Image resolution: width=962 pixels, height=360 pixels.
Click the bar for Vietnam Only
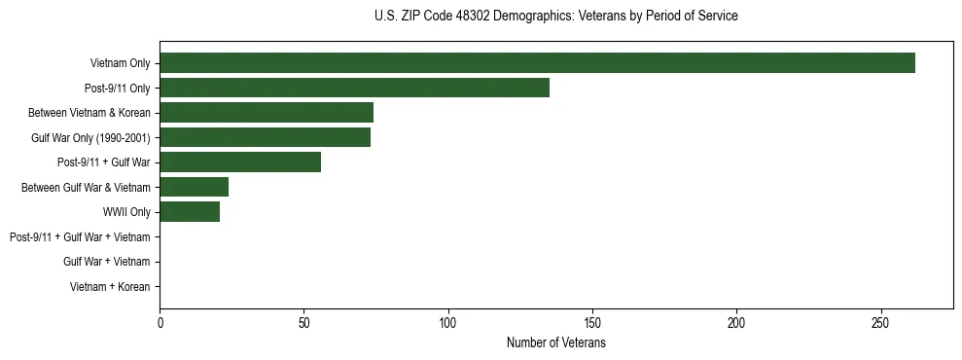pyautogui.click(x=537, y=63)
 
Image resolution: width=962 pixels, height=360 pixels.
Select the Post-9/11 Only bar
pyautogui.click(x=354, y=88)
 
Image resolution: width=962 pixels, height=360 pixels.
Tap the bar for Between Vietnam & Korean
pyautogui.click(x=267, y=113)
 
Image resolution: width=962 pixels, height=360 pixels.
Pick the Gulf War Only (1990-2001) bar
pyautogui.click(x=265, y=137)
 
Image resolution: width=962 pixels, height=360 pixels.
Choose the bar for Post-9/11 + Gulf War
pyautogui.click(x=240, y=162)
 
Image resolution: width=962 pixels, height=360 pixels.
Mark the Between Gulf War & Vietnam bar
pyautogui.click(x=194, y=187)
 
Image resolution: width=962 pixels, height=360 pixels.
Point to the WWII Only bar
pyautogui.click(x=190, y=212)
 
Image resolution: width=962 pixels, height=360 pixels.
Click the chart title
pyautogui.click(x=555, y=17)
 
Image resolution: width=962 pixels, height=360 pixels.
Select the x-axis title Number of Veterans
pyautogui.click(x=555, y=343)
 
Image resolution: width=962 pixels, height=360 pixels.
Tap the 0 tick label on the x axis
pyautogui.click(x=160, y=322)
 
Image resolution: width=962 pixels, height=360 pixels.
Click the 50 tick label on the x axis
pyautogui.click(x=303, y=322)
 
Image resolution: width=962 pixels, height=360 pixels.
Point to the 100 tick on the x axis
pyautogui.click(x=448, y=322)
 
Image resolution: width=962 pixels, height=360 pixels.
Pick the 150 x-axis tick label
pyautogui.click(x=592, y=322)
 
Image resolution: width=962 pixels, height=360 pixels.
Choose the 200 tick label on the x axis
pyautogui.click(x=736, y=322)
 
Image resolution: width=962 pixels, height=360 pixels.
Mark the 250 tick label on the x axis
pyautogui.click(x=880, y=322)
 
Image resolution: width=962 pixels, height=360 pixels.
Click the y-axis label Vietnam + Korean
pyautogui.click(x=110, y=287)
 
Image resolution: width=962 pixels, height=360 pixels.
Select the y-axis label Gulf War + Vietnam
pyautogui.click(x=107, y=262)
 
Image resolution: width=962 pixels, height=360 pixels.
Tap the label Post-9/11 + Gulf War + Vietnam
pyautogui.click(x=80, y=237)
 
